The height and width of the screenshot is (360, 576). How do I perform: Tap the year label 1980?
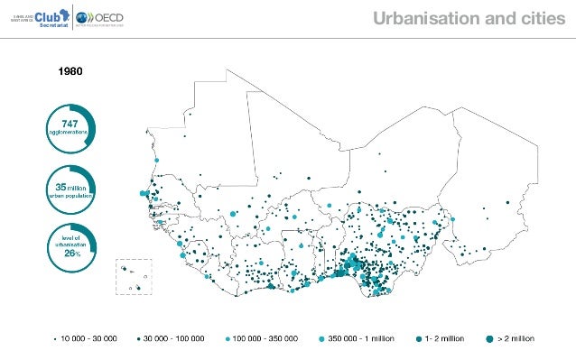point(71,69)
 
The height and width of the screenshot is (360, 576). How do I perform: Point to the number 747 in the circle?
point(69,123)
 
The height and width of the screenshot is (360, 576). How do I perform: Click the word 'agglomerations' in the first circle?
point(69,132)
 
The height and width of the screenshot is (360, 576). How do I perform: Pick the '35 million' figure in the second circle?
point(69,187)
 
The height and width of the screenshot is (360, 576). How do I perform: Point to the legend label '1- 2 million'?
point(444,338)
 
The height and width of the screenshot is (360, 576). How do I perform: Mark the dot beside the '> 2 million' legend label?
point(490,338)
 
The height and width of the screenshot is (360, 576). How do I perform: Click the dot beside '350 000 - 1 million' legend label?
point(322,338)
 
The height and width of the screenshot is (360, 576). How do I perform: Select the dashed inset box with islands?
point(133,276)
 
